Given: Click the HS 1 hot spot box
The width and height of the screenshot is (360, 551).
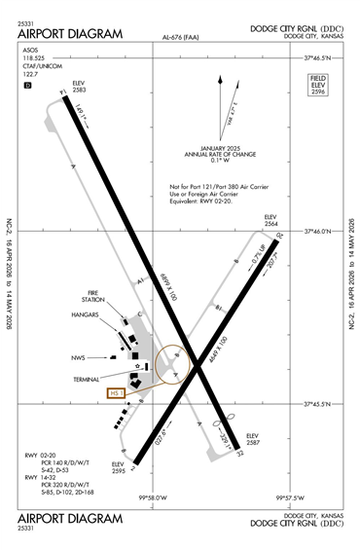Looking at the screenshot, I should (x=115, y=393).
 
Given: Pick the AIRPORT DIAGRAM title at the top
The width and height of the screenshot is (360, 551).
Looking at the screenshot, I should (x=70, y=33).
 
